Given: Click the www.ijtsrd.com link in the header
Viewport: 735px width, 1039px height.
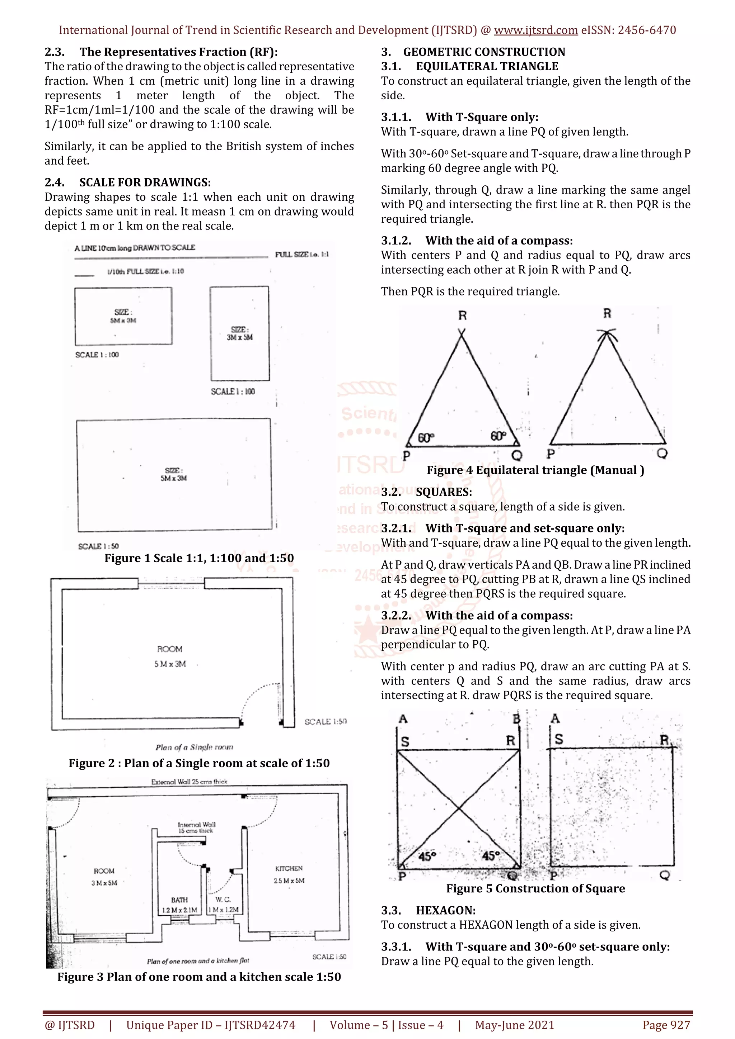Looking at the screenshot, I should click(x=535, y=30).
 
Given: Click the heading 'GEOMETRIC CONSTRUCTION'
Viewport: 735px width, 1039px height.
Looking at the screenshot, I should click(x=484, y=52).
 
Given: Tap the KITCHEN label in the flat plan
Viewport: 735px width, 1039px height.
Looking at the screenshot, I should click(x=289, y=868).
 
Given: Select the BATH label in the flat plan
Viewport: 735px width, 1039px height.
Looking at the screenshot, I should click(x=179, y=900).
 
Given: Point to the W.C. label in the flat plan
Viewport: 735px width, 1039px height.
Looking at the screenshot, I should click(x=223, y=899).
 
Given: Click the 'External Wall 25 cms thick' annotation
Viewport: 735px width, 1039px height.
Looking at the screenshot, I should click(x=189, y=782).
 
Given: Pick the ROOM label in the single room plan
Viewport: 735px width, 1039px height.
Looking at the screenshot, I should click(x=170, y=649).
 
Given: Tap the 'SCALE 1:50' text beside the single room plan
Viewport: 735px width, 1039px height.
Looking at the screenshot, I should click(x=325, y=722).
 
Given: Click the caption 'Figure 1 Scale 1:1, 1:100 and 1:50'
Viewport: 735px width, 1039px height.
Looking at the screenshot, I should click(x=199, y=558).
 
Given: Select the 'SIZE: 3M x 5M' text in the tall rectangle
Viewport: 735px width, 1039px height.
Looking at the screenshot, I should click(x=240, y=333).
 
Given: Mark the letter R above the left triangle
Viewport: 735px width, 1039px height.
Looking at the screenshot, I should click(x=462, y=316).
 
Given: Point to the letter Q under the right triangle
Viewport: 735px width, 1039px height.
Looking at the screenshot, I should click(x=662, y=454).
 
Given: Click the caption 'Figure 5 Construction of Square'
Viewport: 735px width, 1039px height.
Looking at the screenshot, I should click(x=535, y=888).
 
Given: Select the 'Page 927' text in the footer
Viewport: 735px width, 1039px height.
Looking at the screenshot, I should click(x=666, y=1025).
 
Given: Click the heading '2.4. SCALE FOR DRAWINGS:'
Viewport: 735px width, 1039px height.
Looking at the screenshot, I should click(x=128, y=182).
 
